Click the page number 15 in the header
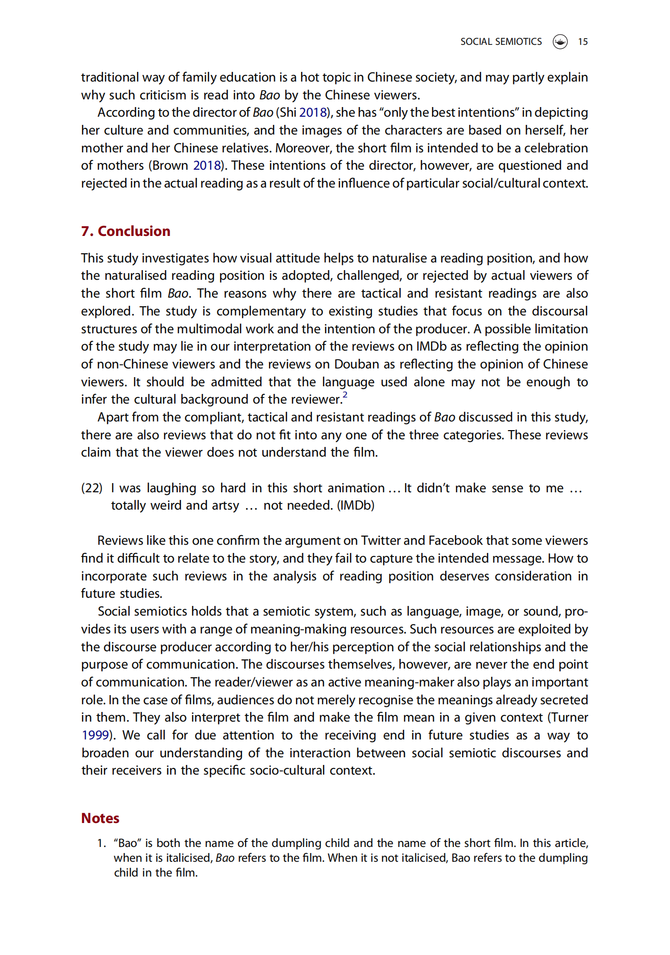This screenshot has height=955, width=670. (582, 42)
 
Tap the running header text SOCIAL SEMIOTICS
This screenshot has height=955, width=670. (501, 42)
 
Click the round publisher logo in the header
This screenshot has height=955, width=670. (560, 42)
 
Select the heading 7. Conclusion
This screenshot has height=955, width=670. (125, 231)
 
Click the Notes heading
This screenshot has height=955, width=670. (100, 818)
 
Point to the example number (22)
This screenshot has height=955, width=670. (92, 488)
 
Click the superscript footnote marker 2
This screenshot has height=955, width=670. (345, 395)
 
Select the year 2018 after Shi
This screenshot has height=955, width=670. (313, 113)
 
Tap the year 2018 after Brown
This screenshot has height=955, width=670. (207, 166)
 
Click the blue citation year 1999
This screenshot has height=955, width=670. (95, 735)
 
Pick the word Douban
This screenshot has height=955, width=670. (357, 364)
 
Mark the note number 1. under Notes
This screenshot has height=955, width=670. (101, 843)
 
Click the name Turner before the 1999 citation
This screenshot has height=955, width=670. (570, 718)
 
